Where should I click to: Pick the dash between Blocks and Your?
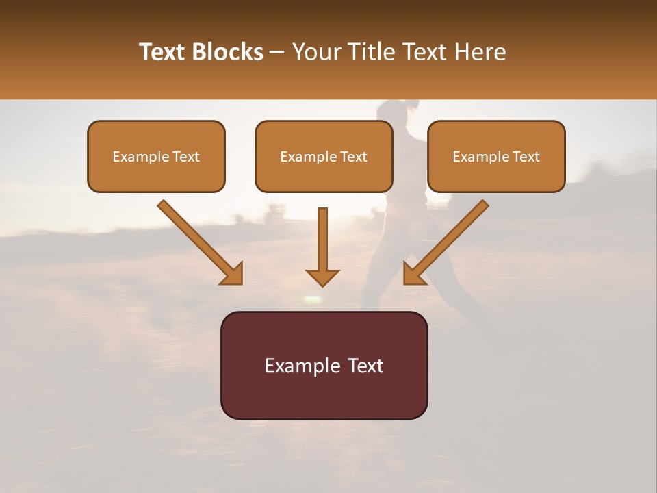277,53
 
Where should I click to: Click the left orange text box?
156,156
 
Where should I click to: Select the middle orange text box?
324,156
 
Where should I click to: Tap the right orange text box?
496,156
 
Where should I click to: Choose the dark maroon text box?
324,365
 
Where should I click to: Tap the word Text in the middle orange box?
354,157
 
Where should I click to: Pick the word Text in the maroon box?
368,366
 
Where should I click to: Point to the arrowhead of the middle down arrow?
322,277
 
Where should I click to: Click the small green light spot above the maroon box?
313,299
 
